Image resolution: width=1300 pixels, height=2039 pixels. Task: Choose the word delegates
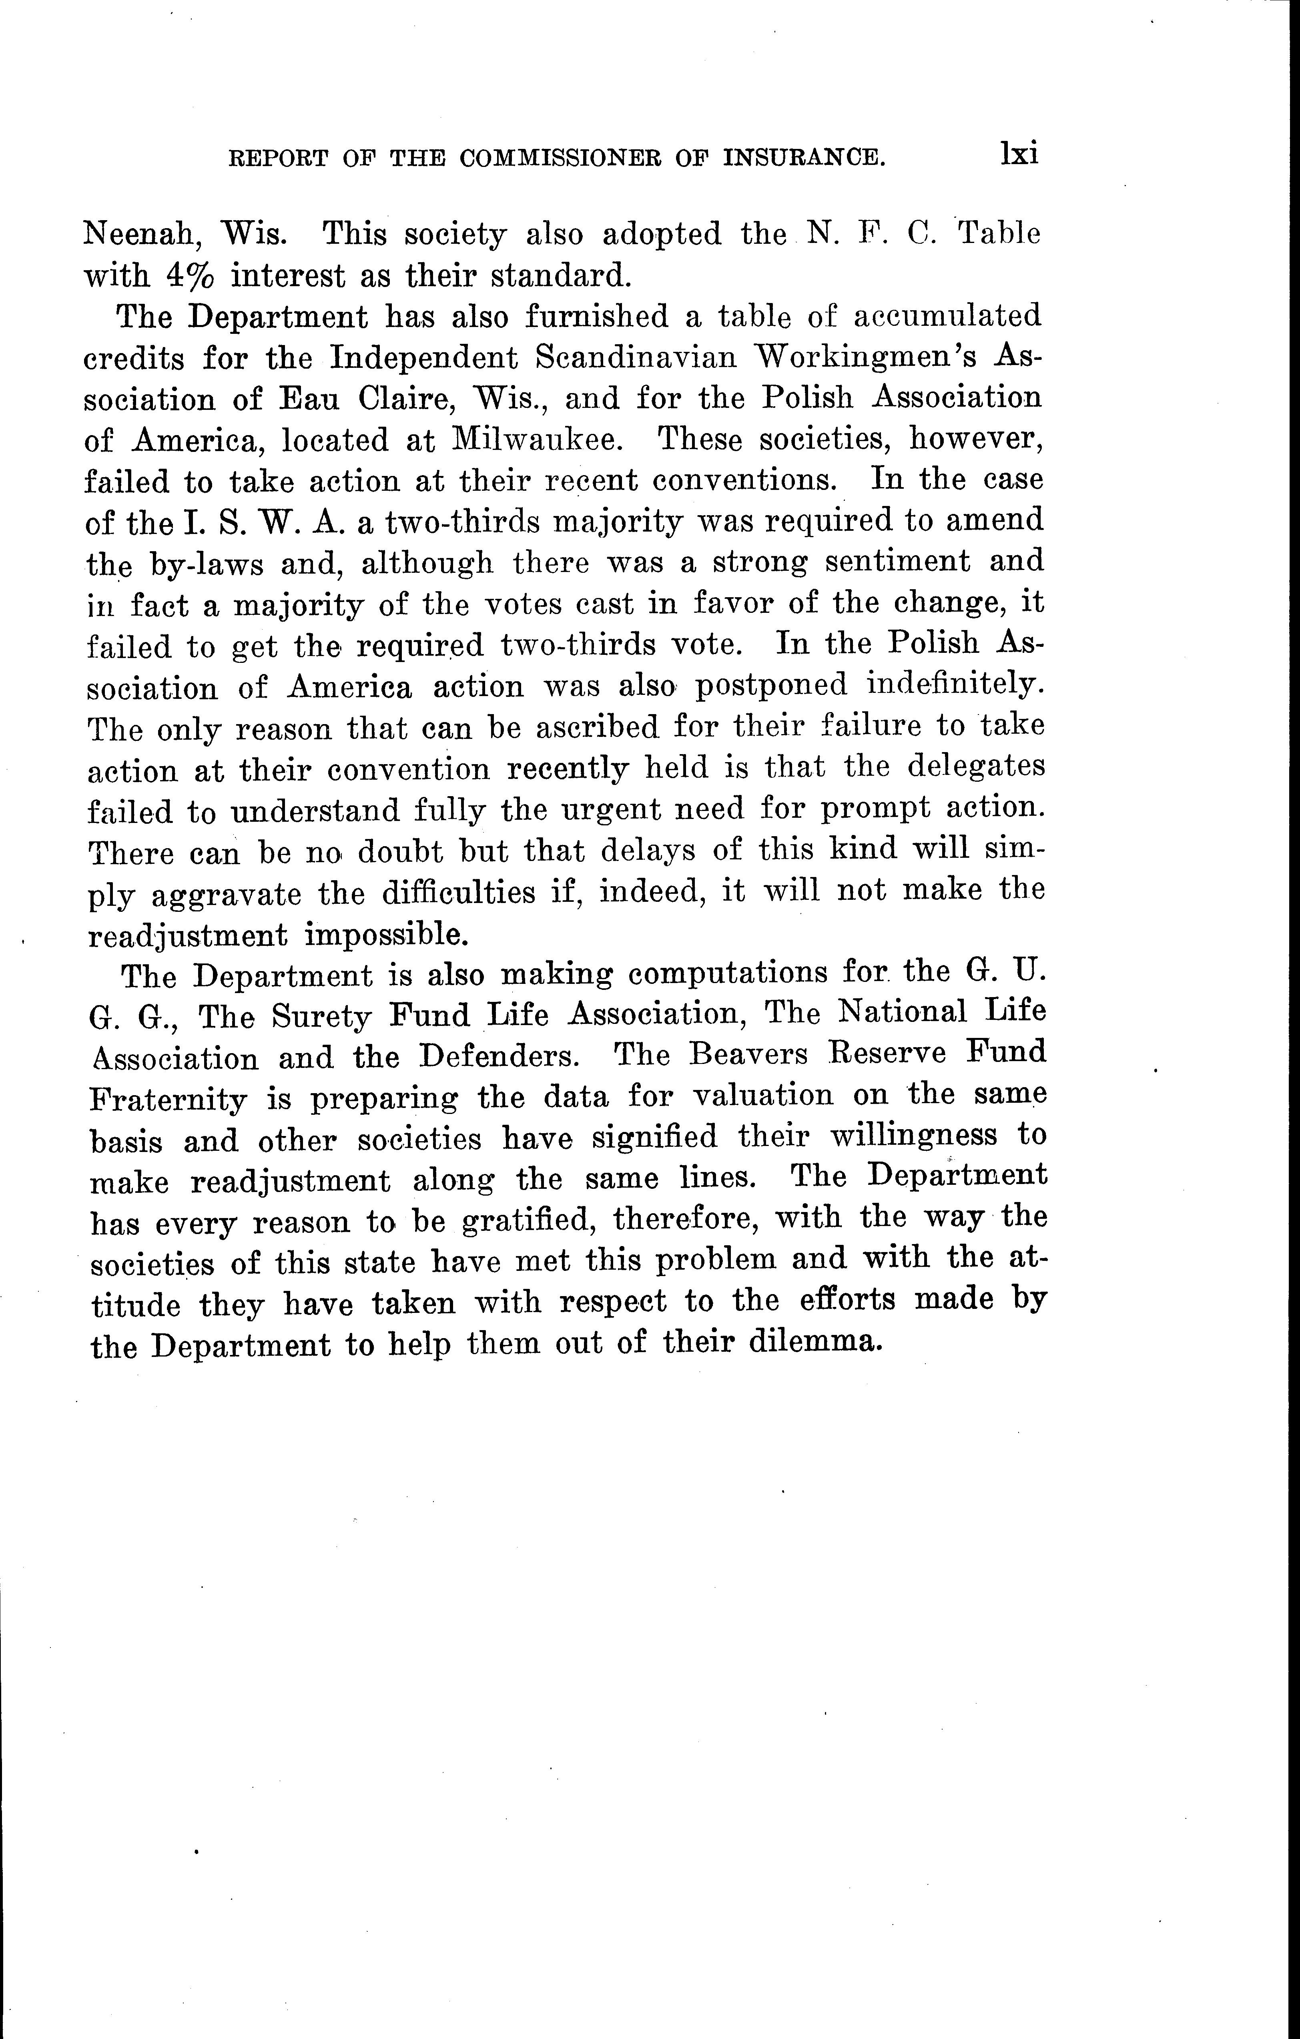[x=976, y=767]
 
